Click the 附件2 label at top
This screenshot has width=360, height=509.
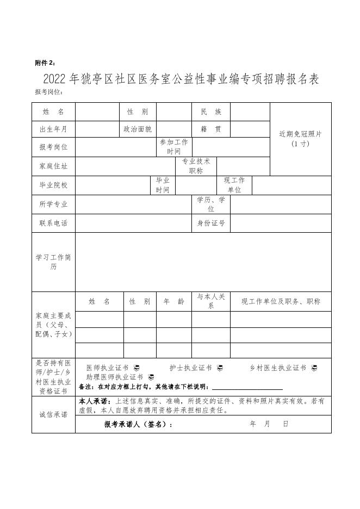pos(45,63)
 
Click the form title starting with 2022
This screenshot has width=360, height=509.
pos(181,79)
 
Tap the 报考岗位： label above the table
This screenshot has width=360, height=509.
pos(49,92)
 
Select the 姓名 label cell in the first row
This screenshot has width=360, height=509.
pos(53,111)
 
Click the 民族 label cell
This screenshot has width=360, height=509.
pos(211,111)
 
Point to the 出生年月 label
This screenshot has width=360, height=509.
pos(53,129)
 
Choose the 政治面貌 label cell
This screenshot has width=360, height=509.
pos(138,129)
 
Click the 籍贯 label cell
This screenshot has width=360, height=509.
pos(211,129)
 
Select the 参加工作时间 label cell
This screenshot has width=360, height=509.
pos(174,147)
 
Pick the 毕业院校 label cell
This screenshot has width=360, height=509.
pos(53,185)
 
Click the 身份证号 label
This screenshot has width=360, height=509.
pos(211,223)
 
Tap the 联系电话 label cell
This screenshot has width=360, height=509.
pos(53,223)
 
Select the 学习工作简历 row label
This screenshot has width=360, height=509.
pos(53,262)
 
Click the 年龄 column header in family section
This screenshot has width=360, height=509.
pos(173,301)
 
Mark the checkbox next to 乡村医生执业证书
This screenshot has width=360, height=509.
pos(314,368)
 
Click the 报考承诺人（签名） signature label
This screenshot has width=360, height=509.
pos(139,424)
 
